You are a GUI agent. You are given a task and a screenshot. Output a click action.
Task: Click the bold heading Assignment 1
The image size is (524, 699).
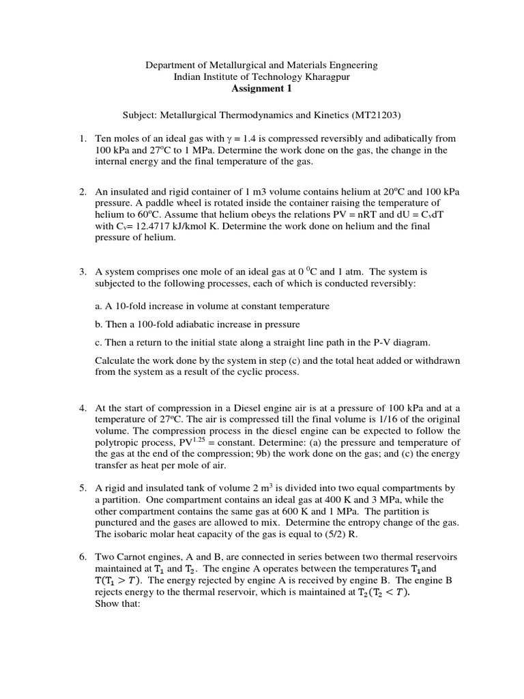[x=261, y=88]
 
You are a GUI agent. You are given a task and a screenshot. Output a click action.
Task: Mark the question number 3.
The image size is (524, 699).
[x=83, y=271]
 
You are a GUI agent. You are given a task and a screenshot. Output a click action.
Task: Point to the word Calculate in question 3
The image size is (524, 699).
[x=115, y=360]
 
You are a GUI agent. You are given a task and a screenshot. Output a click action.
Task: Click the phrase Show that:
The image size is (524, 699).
[x=117, y=604]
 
